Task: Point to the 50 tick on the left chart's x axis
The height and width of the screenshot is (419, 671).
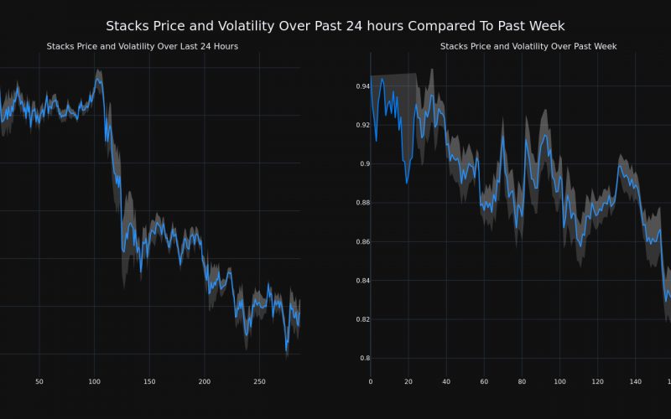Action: [x=39, y=382]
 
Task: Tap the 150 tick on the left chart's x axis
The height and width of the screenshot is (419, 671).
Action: [x=149, y=382]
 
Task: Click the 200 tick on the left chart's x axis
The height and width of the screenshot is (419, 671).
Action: [x=205, y=382]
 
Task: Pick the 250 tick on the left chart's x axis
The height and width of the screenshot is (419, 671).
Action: [x=259, y=382]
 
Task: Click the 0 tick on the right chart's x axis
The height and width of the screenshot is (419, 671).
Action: [x=371, y=382]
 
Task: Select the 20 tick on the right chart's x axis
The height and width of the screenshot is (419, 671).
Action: [x=408, y=382]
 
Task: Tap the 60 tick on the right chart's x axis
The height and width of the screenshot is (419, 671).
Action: [x=484, y=382]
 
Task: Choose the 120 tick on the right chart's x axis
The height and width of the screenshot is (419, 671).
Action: [x=597, y=382]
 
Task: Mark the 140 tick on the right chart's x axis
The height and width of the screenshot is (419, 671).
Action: [x=635, y=382]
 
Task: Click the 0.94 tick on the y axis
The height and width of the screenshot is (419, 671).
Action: [x=362, y=86]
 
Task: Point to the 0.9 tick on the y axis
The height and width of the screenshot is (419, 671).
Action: [x=364, y=164]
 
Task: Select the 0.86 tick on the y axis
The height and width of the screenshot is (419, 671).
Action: [x=362, y=242]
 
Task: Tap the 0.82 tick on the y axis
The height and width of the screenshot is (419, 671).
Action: [x=362, y=320]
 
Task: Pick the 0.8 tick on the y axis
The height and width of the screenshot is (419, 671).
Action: [x=364, y=359]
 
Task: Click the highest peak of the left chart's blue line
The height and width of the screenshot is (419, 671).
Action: [x=97, y=79]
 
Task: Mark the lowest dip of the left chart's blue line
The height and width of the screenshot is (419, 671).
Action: [x=287, y=350]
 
